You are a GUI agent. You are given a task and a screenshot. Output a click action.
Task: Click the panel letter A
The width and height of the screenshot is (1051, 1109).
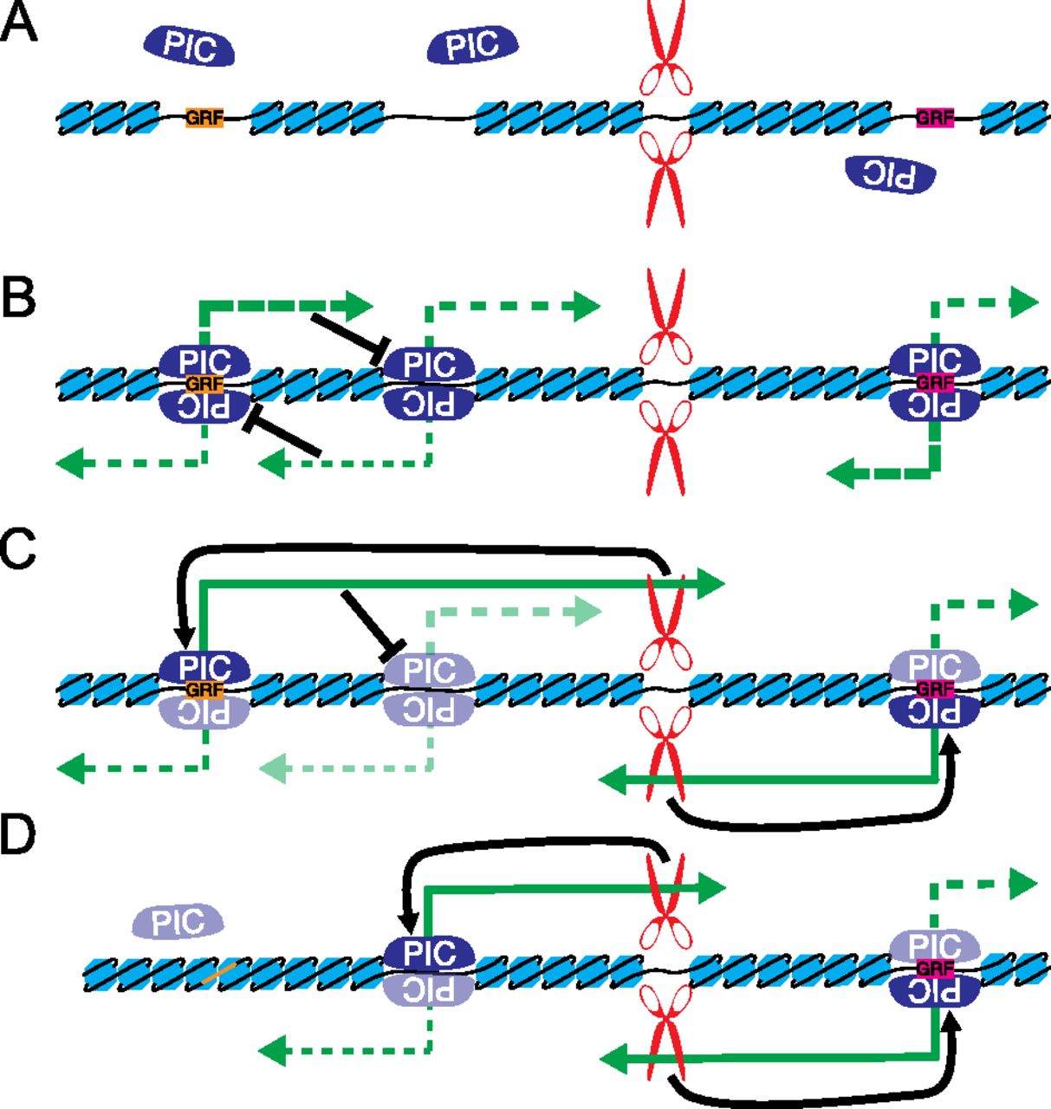(19, 23)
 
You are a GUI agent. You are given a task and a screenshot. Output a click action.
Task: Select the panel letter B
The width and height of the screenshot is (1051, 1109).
(19, 297)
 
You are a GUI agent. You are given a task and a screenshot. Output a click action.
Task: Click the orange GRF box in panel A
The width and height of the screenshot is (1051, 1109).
(204, 118)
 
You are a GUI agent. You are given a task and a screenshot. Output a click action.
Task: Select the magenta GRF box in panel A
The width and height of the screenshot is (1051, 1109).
(935, 118)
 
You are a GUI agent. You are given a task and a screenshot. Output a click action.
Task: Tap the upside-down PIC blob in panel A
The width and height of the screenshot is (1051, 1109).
(891, 174)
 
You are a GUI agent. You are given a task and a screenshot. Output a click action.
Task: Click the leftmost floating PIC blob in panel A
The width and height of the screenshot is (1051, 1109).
(190, 46)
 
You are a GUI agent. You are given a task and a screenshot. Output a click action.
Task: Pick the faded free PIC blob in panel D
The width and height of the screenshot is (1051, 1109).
(178, 922)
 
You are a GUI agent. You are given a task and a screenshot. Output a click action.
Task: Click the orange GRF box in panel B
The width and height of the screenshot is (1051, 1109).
(204, 384)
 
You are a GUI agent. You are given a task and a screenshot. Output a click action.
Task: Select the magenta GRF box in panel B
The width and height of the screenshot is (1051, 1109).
(935, 383)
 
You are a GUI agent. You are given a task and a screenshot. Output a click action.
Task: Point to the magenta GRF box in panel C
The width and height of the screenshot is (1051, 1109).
(935, 690)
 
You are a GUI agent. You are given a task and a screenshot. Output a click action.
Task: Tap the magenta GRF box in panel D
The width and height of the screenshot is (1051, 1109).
(935, 969)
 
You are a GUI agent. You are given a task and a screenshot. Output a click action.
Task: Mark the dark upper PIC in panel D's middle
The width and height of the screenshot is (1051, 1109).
(430, 954)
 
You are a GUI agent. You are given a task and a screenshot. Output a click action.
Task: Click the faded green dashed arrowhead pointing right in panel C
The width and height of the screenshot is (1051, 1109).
(587, 613)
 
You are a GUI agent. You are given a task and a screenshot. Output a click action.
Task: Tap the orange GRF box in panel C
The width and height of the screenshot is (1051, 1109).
(204, 691)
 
